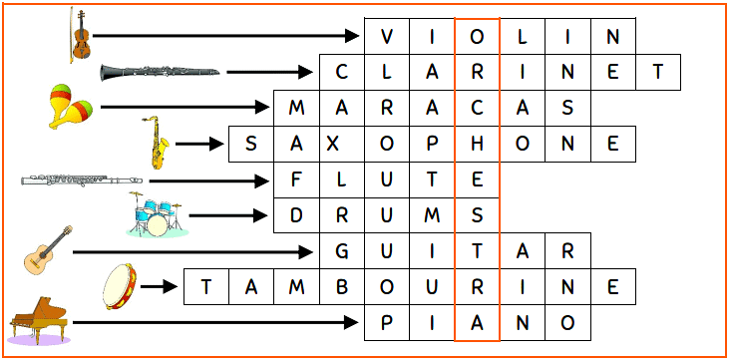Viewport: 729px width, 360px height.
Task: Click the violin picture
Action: pyautogui.click(x=78, y=35)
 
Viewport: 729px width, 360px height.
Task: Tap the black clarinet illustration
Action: pyautogui.click(x=160, y=72)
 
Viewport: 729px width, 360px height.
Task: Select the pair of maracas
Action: pyautogui.click(x=71, y=106)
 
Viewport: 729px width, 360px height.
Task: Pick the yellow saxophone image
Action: pyautogui.click(x=158, y=143)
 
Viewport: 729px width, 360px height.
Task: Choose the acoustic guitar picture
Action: pyautogui.click(x=48, y=251)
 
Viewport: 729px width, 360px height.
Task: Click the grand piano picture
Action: pyautogui.click(x=39, y=321)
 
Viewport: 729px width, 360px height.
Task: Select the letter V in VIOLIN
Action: pyautogui.click(x=387, y=37)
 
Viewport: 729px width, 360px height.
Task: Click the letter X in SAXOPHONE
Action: pyautogui.click(x=341, y=144)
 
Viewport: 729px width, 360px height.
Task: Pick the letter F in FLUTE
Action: pyautogui.click(x=296, y=180)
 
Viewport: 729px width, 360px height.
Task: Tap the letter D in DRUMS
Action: pyautogui.click(x=296, y=214)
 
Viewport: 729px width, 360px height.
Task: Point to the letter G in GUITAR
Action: pyautogui.click(x=341, y=250)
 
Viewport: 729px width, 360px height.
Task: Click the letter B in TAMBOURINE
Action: pyautogui.click(x=341, y=287)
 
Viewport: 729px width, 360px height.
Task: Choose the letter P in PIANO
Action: pyautogui.click(x=387, y=322)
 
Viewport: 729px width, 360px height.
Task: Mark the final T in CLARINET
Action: pyautogui.click(x=657, y=72)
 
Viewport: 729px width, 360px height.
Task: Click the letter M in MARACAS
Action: pyautogui.click(x=296, y=108)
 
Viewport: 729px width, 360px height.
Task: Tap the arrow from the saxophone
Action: pyautogui.click(x=202, y=144)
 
